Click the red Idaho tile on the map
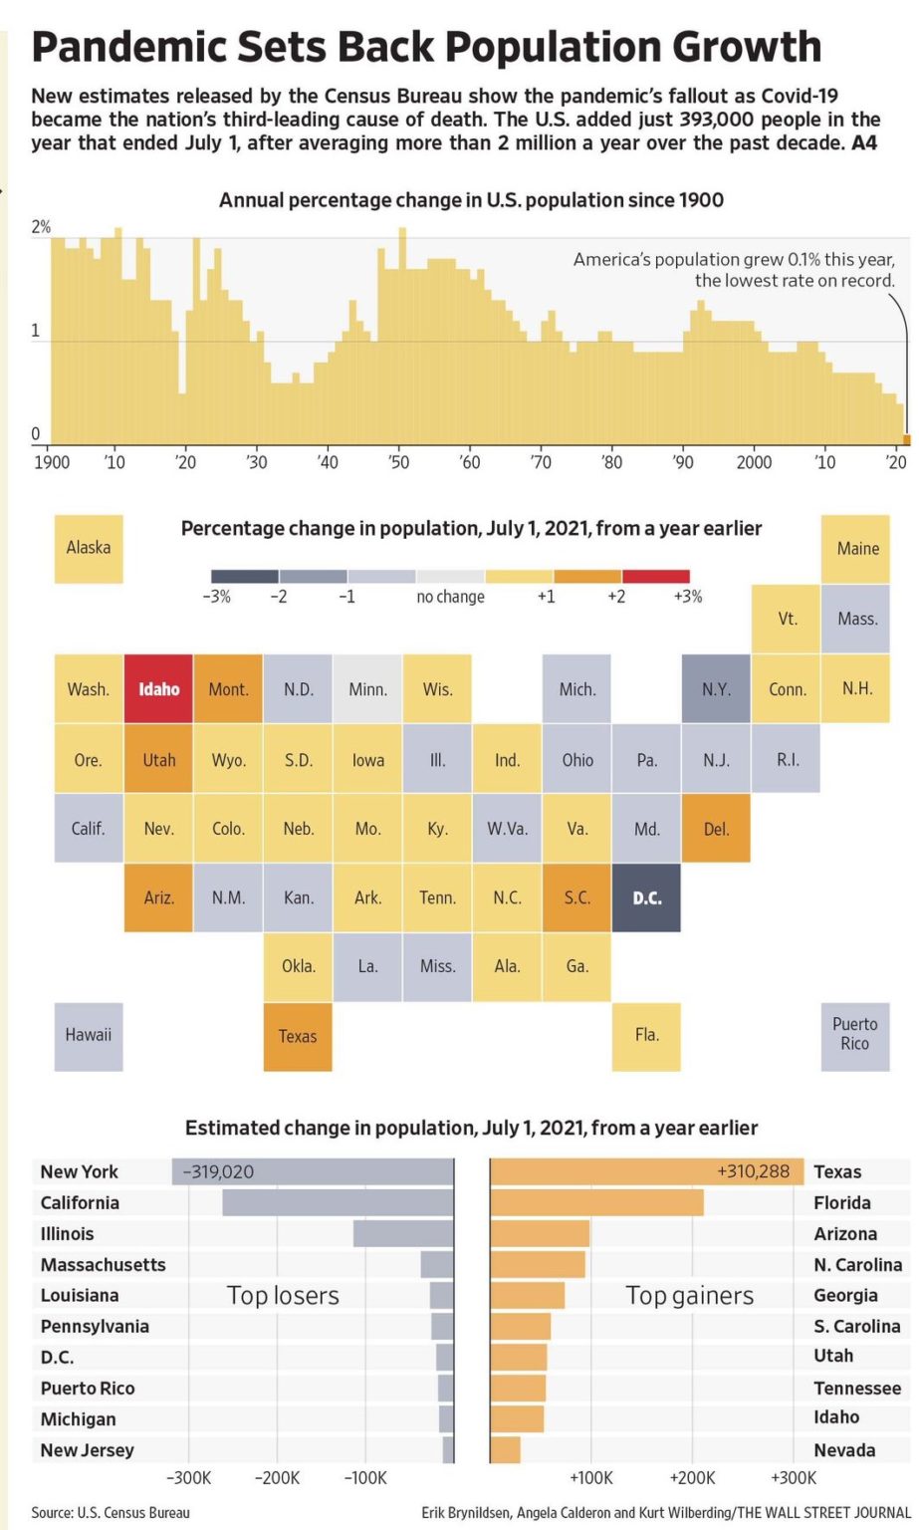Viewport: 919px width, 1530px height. click(158, 688)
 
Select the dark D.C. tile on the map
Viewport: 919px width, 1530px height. click(646, 897)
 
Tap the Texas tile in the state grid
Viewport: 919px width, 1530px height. click(298, 1036)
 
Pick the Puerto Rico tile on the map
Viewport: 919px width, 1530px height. click(854, 1035)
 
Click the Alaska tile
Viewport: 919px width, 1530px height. click(89, 548)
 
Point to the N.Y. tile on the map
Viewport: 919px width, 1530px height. click(716, 688)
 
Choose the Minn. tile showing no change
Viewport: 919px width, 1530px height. click(367, 688)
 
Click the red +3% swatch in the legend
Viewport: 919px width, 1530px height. click(655, 576)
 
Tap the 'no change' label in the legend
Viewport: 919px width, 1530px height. click(450, 597)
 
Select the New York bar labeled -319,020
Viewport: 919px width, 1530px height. click(313, 1171)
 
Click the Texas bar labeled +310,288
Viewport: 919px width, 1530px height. click(646, 1171)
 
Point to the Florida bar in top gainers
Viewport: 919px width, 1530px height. click(597, 1202)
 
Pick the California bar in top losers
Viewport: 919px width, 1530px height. click(339, 1202)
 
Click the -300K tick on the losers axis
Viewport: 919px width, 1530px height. click(187, 1477)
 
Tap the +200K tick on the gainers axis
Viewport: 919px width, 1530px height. click(692, 1477)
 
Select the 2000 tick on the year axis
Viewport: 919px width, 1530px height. click(754, 462)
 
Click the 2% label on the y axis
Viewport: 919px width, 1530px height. click(41, 227)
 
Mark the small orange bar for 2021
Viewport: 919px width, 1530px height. click(906, 439)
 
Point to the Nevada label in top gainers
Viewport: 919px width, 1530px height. click(844, 1449)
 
